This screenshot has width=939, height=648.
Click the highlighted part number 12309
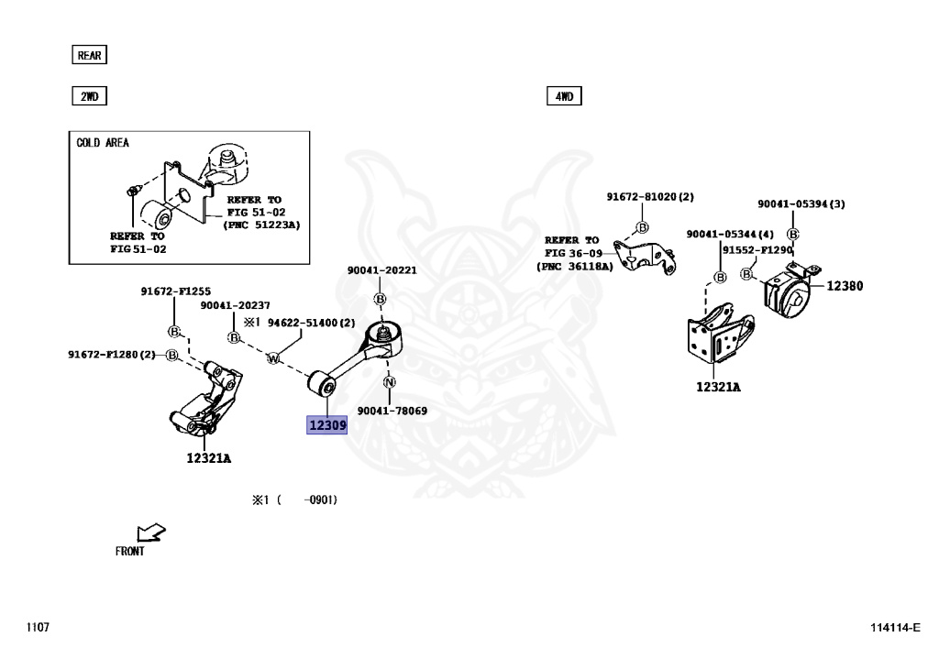[327, 425]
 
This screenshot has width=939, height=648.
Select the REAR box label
[89, 55]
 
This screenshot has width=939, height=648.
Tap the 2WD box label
[89, 95]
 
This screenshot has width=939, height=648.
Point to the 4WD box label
[564, 95]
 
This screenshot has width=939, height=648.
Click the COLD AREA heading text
[103, 143]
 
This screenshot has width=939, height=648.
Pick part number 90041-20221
[381, 270]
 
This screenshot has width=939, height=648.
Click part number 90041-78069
[392, 412]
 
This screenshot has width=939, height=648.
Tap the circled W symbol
[272, 358]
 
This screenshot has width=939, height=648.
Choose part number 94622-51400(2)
[311, 323]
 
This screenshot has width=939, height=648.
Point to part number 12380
[845, 286]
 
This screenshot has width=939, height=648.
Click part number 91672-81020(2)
[650, 197]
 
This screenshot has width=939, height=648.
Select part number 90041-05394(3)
[801, 203]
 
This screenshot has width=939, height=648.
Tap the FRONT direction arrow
[149, 533]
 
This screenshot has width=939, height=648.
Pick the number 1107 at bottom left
[38, 628]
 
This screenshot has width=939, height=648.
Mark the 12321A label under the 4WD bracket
[718, 387]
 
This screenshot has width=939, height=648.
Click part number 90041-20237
[236, 306]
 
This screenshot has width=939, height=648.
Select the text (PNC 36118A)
[572, 267]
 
